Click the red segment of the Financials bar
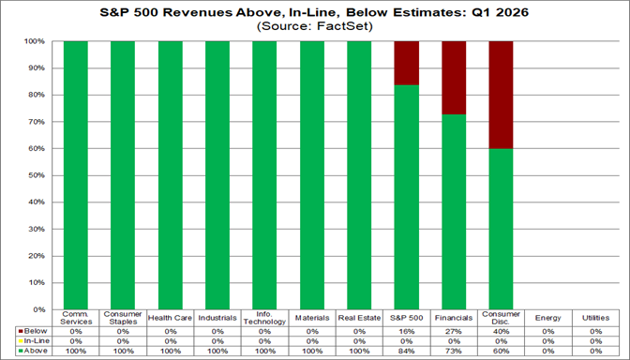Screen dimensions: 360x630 pyautogui.click(x=454, y=78)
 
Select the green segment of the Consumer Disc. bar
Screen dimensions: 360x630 pyautogui.click(x=501, y=229)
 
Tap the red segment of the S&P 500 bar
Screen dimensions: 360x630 pyautogui.click(x=407, y=63)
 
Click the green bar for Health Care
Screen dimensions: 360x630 pyautogui.click(x=170, y=175)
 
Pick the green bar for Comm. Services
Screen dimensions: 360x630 pyautogui.click(x=75, y=175)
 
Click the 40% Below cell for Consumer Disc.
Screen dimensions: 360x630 pyautogui.click(x=501, y=331)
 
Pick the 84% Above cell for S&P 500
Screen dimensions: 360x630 pyautogui.click(x=407, y=350)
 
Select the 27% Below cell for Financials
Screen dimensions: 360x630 pyautogui.click(x=454, y=331)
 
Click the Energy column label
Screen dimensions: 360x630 pyautogui.click(x=548, y=318)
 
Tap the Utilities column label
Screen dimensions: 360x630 pyautogui.click(x=595, y=318)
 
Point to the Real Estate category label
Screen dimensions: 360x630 pyautogui.click(x=359, y=318)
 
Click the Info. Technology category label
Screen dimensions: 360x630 pyautogui.click(x=264, y=319)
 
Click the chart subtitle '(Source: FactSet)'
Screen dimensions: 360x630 pyautogui.click(x=315, y=27)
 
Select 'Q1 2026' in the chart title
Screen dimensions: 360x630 pyautogui.click(x=461, y=13)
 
